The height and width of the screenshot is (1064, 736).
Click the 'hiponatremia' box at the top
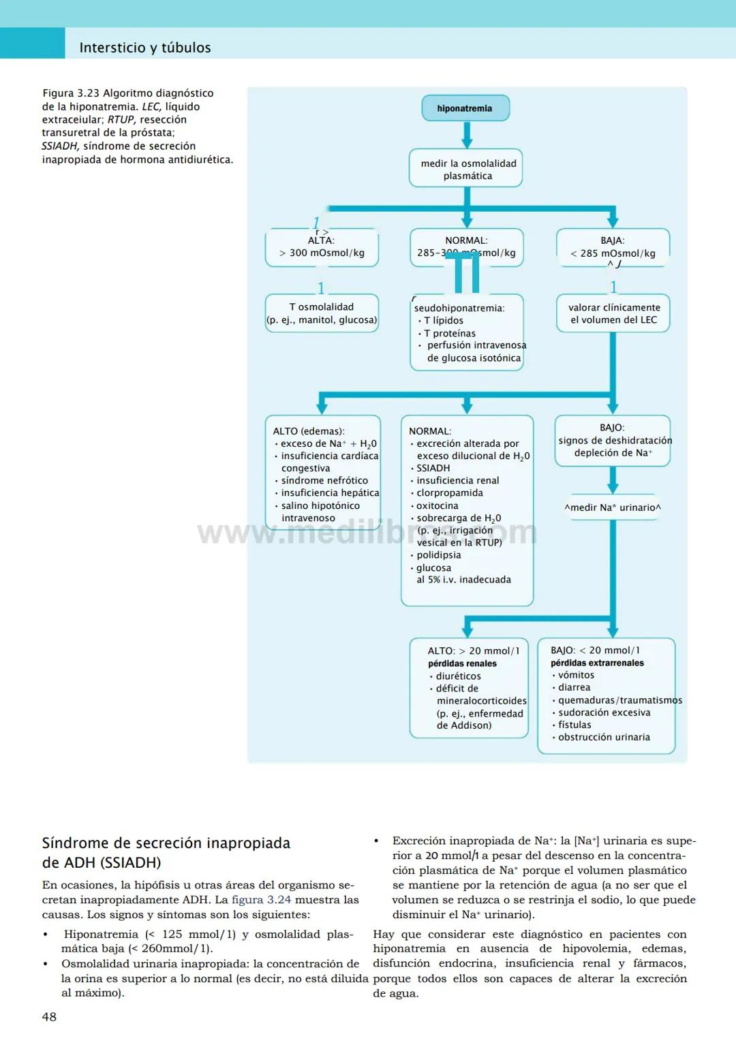click(x=465, y=108)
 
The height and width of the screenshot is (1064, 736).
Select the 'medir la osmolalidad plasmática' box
click(x=466, y=169)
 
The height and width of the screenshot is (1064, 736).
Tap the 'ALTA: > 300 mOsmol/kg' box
click(x=322, y=247)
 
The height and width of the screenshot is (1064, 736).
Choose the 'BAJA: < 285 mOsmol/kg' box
click(x=613, y=247)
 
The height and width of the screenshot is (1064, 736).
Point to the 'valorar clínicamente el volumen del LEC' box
click(x=613, y=313)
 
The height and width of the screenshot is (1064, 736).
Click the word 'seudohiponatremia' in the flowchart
click(x=459, y=308)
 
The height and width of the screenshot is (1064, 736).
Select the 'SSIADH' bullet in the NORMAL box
click(x=433, y=468)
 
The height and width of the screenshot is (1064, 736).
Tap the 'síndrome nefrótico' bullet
click(x=324, y=480)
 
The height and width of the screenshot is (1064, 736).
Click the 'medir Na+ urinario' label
click(x=613, y=507)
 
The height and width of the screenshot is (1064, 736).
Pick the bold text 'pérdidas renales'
click(x=462, y=663)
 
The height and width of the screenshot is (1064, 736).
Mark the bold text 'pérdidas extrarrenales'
click(x=597, y=663)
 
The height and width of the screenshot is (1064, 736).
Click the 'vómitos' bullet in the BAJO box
click(x=576, y=675)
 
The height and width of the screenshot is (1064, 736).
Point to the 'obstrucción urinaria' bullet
click(x=604, y=737)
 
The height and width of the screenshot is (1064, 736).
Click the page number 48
click(x=49, y=1017)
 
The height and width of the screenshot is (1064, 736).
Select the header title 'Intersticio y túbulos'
click(x=145, y=48)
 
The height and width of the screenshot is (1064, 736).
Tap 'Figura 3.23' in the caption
click(x=71, y=93)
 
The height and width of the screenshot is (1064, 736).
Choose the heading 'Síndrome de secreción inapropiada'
click(x=166, y=843)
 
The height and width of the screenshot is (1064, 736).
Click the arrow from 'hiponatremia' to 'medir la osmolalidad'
click(x=467, y=136)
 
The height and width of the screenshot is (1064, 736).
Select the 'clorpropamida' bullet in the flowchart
click(x=450, y=492)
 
